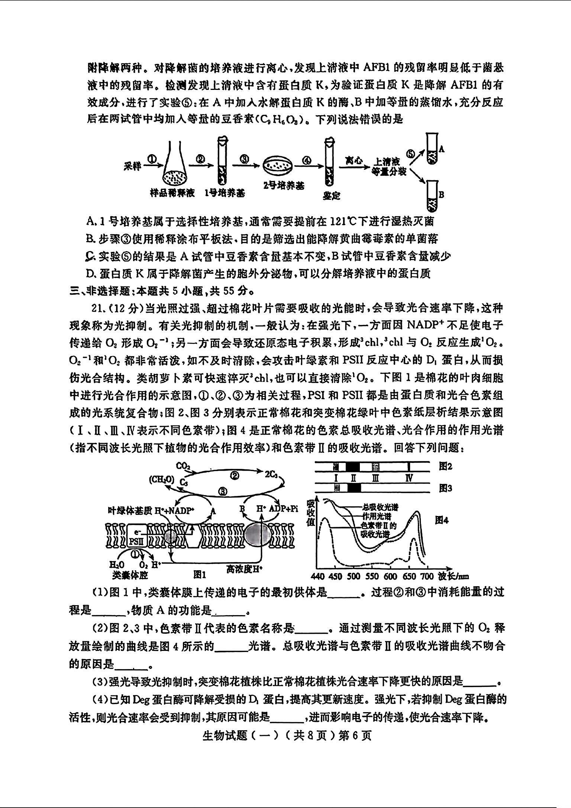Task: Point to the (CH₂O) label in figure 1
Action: coord(162,480)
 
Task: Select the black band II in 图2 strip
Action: coord(353,467)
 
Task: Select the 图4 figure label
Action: coord(442,520)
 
